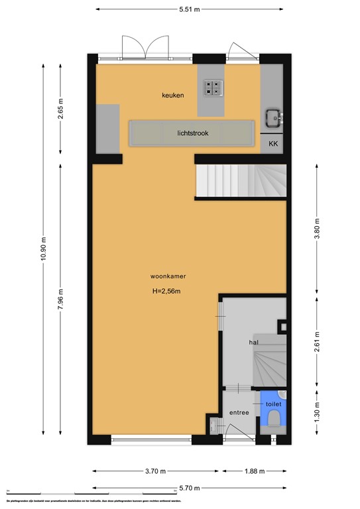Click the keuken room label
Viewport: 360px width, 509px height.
click(x=172, y=95)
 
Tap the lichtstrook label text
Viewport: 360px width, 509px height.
click(x=193, y=133)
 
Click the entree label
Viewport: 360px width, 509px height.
click(x=239, y=413)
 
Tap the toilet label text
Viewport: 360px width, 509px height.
click(x=273, y=404)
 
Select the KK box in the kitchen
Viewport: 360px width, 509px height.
click(x=273, y=143)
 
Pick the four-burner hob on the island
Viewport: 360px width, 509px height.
click(x=213, y=88)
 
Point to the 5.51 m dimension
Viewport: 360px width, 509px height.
click(x=189, y=9)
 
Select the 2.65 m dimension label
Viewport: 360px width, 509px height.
click(x=60, y=108)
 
